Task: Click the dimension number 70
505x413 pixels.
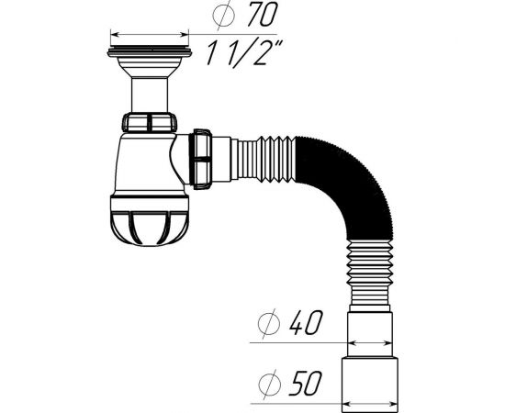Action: point(263,15)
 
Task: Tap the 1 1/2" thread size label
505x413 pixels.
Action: point(244,53)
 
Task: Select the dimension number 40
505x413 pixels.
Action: point(306,322)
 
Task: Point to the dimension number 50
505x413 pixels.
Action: point(306,383)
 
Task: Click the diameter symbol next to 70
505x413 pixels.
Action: point(224,15)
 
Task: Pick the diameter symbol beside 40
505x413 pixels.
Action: point(269,323)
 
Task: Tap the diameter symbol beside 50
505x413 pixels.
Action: point(270,384)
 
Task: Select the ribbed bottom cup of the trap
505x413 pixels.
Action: point(150,220)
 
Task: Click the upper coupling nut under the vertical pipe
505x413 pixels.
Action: point(150,122)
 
